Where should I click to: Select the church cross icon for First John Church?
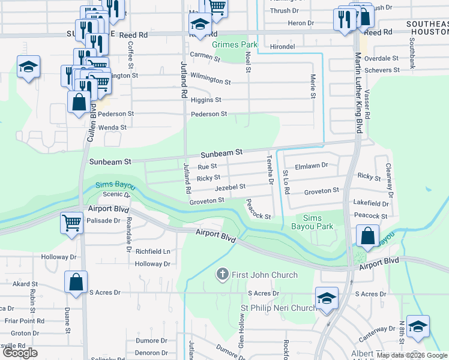click(x=222, y=275)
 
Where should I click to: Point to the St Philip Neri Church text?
click(x=279, y=308)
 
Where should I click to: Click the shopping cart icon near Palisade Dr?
click(x=71, y=223)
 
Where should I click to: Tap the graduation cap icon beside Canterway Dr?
click(x=417, y=326)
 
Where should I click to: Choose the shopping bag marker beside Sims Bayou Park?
click(x=367, y=236)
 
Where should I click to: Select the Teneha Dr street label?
click(x=270, y=169)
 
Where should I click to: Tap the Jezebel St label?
click(x=231, y=187)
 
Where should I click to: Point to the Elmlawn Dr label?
click(x=312, y=165)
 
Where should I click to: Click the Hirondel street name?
click(x=283, y=46)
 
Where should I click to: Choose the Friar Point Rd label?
click(x=22, y=321)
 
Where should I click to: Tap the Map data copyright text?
click(x=411, y=355)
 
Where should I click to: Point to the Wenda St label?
click(x=113, y=127)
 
